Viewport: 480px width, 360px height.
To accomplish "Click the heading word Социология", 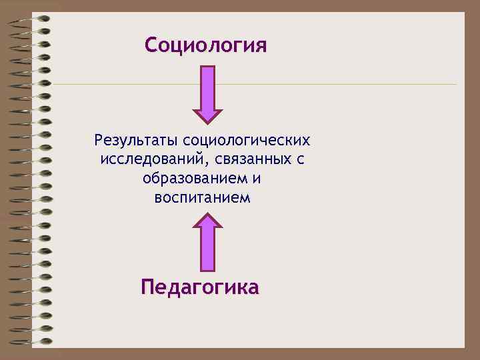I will coord(205,46).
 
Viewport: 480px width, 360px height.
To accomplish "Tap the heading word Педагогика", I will coord(200,288).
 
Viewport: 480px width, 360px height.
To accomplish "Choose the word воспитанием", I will coord(202,198).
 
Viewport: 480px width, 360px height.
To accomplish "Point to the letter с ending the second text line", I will coord(301,160).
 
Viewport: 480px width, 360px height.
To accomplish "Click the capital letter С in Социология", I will coord(151,46).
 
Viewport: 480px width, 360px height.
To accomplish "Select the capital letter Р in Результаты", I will coord(99,141).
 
